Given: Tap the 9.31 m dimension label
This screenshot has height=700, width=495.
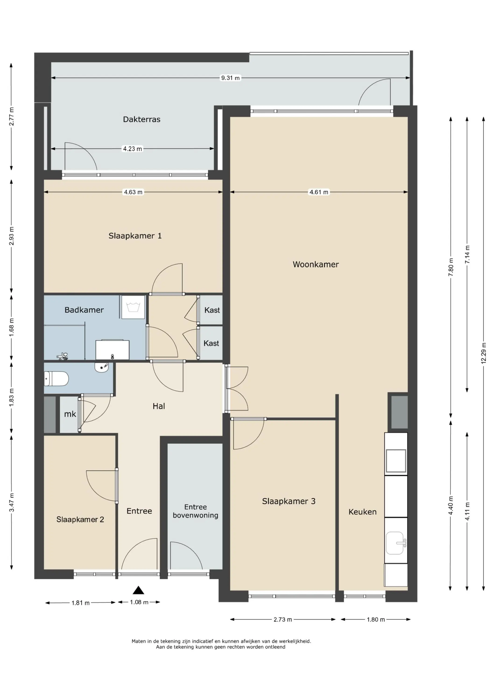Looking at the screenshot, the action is point(230,78).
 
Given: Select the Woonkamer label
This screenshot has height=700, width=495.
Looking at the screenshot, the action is point(316,264).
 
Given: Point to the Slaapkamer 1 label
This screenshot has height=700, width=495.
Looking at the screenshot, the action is point(135,236).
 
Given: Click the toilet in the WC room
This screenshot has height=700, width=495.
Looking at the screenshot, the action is point(56,379).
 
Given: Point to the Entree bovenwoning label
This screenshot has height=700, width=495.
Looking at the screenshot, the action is point(196,511).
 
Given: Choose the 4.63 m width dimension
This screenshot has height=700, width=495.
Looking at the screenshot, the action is point(133,192).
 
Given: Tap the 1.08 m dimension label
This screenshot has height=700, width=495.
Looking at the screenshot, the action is point(139,602).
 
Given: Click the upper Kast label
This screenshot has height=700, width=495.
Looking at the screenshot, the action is point(212,310).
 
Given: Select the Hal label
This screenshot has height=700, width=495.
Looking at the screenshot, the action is point(159,406).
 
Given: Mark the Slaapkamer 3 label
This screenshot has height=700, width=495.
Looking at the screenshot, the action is point(288,501).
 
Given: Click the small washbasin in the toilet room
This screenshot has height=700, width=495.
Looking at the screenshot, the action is point(102,367).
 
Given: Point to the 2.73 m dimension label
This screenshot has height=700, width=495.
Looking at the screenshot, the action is point(283,619).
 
